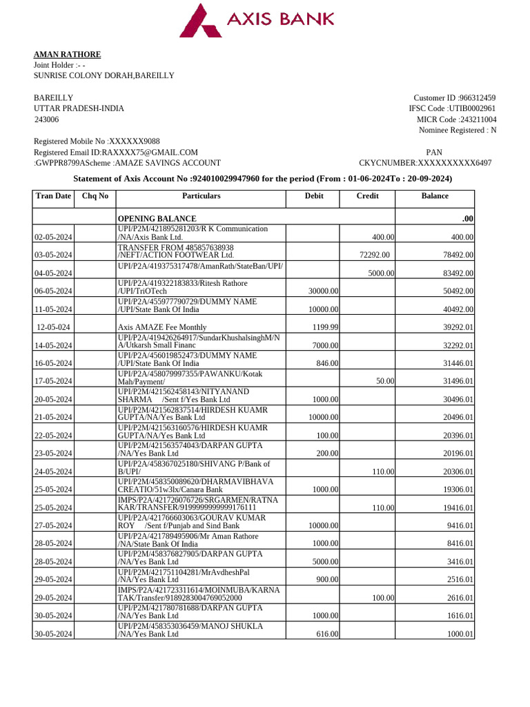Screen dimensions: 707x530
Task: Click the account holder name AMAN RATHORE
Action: (x=68, y=55)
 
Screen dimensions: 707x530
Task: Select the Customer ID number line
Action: (x=454, y=98)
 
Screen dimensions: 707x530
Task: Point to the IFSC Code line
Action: (x=452, y=108)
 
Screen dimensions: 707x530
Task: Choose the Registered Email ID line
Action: (x=116, y=153)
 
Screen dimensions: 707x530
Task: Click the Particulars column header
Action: (x=201, y=196)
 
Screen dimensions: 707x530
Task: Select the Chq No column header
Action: (x=95, y=196)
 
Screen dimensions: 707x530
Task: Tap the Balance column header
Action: (x=435, y=196)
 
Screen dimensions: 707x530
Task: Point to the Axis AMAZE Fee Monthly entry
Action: (x=161, y=327)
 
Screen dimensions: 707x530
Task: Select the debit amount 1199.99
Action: (x=324, y=327)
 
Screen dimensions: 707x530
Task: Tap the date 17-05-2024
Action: (x=53, y=381)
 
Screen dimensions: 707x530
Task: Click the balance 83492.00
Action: (x=458, y=273)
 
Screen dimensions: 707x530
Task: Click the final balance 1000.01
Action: (x=460, y=634)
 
